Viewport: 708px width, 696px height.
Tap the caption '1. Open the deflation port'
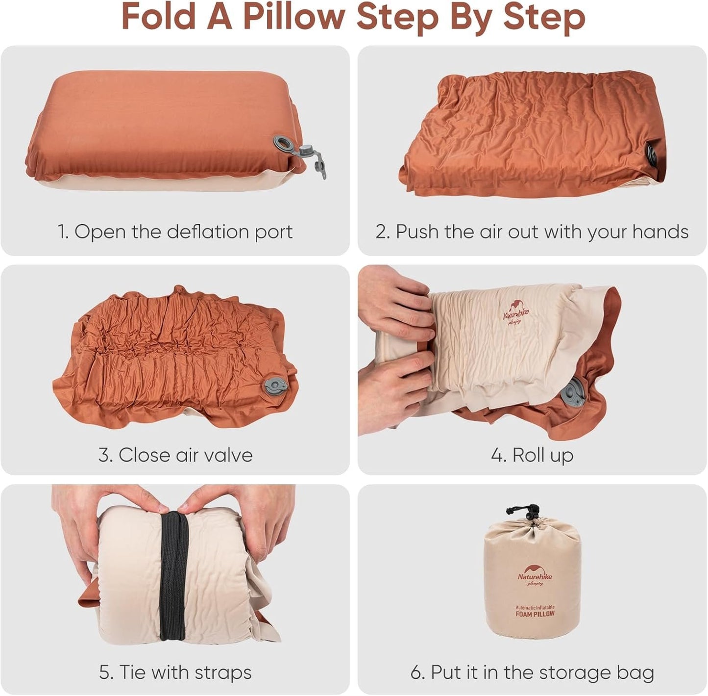pyautogui.click(x=175, y=232)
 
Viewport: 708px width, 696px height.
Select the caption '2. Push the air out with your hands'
pyautogui.click(x=532, y=232)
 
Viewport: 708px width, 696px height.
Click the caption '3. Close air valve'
pyautogui.click(x=175, y=455)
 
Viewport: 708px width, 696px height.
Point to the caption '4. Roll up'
pyautogui.click(x=532, y=455)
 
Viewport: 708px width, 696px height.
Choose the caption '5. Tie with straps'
pyautogui.click(x=175, y=672)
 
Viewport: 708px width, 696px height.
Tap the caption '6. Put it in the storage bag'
pyautogui.click(x=532, y=672)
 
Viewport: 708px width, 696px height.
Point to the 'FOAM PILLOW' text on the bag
pyautogui.click(x=535, y=614)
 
